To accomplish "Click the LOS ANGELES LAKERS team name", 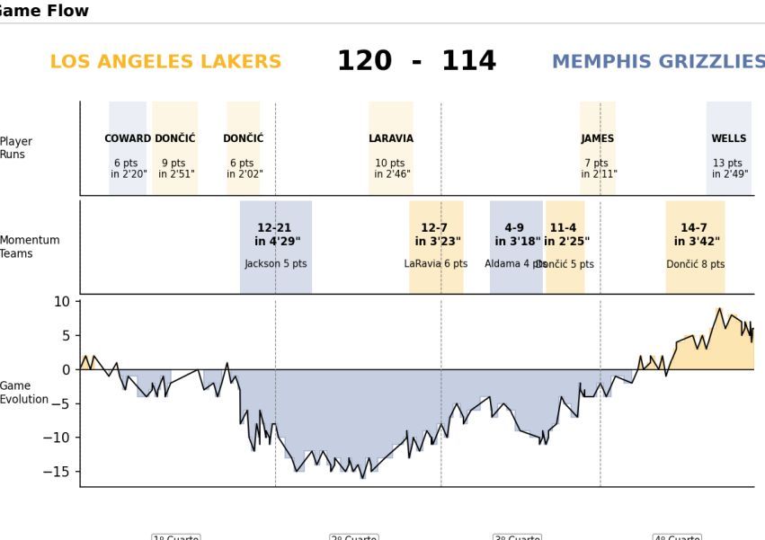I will (165, 62).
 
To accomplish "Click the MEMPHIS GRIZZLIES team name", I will (658, 62).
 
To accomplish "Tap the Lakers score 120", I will (364, 61).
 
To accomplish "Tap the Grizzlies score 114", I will (468, 61).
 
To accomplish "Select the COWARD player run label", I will (128, 139).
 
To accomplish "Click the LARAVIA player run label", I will (391, 139).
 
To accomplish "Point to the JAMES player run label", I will (598, 139).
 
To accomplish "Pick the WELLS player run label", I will (729, 139).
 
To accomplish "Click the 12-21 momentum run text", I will (274, 228).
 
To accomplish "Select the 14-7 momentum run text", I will (694, 228).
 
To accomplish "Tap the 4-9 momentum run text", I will (514, 228).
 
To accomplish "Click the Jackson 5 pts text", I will (276, 264).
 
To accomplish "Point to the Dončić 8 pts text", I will (696, 264).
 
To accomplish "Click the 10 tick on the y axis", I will (61, 302).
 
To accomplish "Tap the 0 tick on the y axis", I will (66, 369).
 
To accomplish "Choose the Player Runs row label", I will (16, 148).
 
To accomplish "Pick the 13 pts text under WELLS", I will (728, 164).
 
